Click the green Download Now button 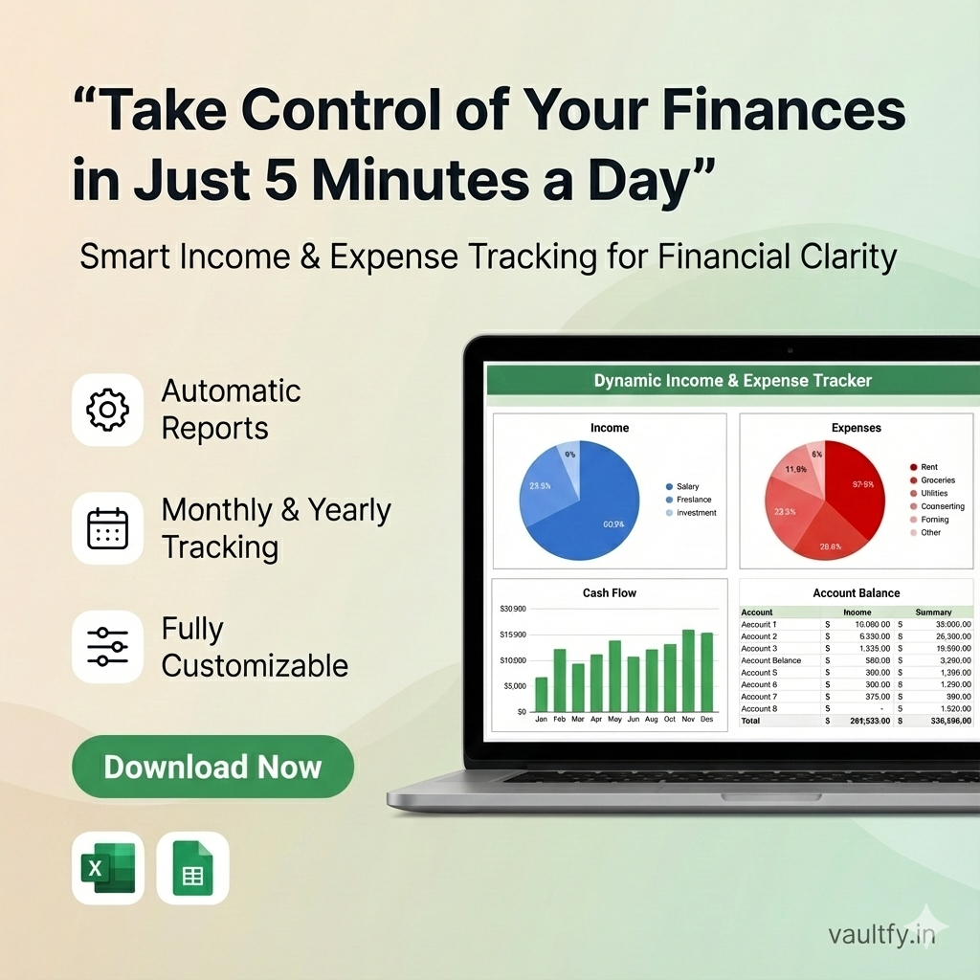(x=212, y=767)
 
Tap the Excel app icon (x=107, y=868)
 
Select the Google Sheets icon (x=193, y=868)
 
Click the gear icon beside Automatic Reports (x=107, y=410)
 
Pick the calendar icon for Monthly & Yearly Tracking (x=107, y=528)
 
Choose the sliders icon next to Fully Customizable (x=107, y=647)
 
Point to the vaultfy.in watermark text (x=881, y=934)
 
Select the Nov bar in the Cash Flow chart (x=688, y=670)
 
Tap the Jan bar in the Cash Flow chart (x=541, y=694)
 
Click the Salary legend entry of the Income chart (x=687, y=487)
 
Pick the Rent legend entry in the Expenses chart (x=928, y=467)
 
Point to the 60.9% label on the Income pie (x=613, y=523)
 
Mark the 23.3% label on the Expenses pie (x=784, y=512)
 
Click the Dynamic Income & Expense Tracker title (x=732, y=380)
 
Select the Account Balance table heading (x=856, y=593)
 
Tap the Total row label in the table (x=750, y=721)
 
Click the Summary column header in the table (x=933, y=612)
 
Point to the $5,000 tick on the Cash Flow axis (x=514, y=686)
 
